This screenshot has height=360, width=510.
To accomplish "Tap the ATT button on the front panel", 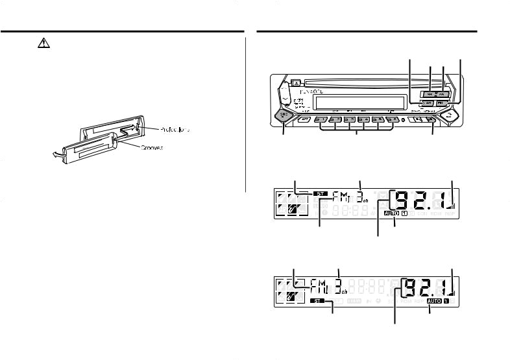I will click(x=304, y=120).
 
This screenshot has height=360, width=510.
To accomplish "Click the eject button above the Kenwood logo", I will click(x=295, y=82).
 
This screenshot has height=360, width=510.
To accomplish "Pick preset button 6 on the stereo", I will click(x=394, y=120).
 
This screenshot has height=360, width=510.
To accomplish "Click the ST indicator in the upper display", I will click(x=321, y=193).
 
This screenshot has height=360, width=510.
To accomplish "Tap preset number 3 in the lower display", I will click(x=339, y=284).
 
